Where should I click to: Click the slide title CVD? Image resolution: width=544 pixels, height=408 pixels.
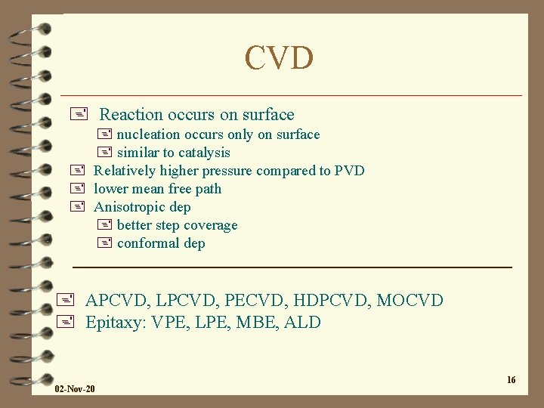[279, 58]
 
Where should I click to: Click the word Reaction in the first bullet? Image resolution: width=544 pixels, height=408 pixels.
[131, 115]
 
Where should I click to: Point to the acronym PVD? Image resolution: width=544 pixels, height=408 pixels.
[349, 171]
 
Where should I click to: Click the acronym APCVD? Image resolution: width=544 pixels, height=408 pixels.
[119, 301]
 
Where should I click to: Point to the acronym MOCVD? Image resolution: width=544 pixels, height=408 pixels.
[410, 301]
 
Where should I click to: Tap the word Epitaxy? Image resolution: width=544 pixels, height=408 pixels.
[115, 323]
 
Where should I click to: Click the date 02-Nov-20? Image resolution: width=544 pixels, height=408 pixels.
[75, 388]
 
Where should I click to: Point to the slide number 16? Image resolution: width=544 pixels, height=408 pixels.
[511, 379]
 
